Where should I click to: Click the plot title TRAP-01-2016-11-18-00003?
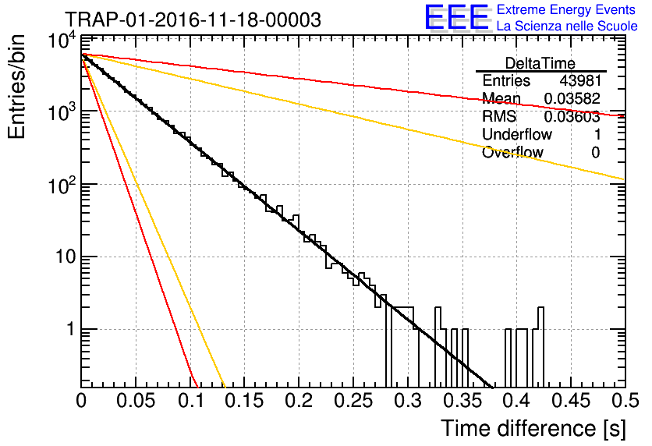point(193,19)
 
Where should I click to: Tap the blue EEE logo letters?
point(457,17)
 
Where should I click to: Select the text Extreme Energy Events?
point(566,9)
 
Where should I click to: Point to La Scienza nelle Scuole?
point(567,27)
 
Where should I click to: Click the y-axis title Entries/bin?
point(16,87)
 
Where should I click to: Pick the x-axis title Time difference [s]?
point(533,428)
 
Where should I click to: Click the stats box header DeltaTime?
point(540,63)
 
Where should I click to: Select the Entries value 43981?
point(580,80)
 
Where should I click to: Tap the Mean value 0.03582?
point(572,98)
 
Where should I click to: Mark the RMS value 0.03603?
point(572,117)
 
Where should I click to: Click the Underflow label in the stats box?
point(517,134)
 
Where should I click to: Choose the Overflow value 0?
point(596,153)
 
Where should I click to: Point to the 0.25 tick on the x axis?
point(353,401)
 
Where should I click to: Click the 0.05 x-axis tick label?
point(136,401)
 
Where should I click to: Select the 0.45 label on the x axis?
point(571,401)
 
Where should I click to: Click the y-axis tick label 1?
point(70,329)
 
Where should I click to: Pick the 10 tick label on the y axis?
point(66,257)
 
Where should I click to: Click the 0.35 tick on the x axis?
point(462,401)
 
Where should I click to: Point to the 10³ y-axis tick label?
point(62,111)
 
